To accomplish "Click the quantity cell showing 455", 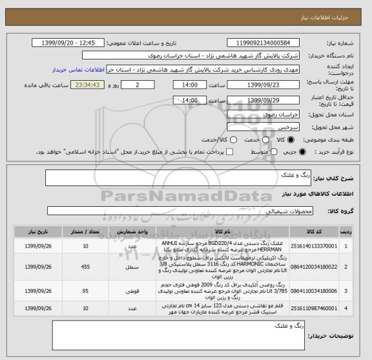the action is [87, 266].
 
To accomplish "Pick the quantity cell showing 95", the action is [87, 291].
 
